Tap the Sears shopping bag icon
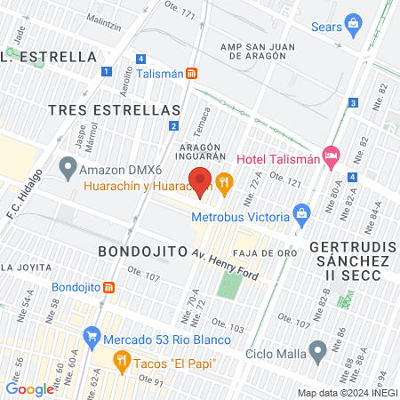click(353, 22)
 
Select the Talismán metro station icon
click(192, 75)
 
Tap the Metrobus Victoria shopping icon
click(301, 213)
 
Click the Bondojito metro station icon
click(109, 287)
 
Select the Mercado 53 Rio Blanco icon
click(91, 337)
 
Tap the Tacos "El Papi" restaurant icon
click(122, 361)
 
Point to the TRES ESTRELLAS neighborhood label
click(115, 109)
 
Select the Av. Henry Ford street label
click(226, 264)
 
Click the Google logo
click(29, 388)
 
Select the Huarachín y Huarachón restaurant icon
click(224, 182)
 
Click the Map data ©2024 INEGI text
click(346, 393)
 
